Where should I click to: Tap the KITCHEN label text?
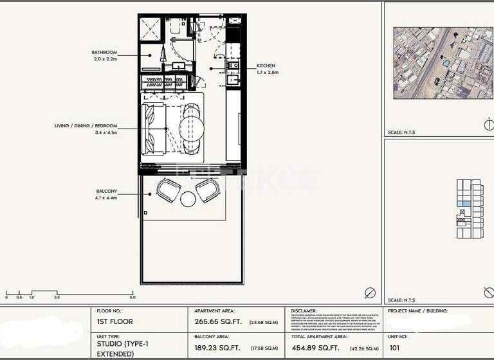(266, 66)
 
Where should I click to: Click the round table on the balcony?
(188, 199)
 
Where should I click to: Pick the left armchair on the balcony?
(169, 190)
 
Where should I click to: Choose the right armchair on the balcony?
(207, 190)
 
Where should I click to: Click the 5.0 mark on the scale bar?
(133, 298)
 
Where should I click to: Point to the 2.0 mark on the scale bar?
(57, 298)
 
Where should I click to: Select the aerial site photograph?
(439, 62)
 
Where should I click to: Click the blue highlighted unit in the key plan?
(464, 204)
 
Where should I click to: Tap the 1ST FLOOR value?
(114, 321)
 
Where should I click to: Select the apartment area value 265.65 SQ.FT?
(218, 321)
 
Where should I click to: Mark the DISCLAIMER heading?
(304, 310)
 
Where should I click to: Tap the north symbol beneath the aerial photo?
(488, 123)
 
